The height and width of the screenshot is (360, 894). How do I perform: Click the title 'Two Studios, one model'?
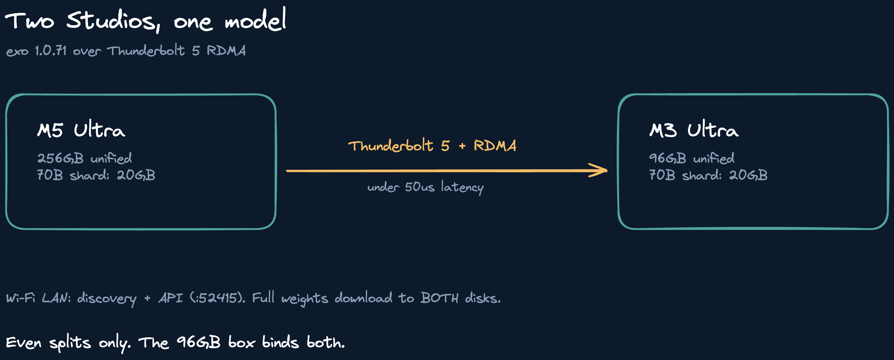click(x=146, y=20)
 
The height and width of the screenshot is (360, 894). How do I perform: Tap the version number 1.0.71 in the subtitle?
click(x=50, y=51)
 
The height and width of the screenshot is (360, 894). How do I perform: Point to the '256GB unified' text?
click(x=84, y=158)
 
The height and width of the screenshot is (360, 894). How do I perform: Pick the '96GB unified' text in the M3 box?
click(x=692, y=158)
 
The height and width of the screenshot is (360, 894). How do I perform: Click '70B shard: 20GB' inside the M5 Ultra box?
click(x=96, y=175)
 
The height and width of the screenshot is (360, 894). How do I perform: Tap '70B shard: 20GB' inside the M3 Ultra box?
click(x=708, y=175)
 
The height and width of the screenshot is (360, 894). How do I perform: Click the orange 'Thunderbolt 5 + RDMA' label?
click(x=432, y=146)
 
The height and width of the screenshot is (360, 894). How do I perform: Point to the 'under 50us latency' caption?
click(x=426, y=187)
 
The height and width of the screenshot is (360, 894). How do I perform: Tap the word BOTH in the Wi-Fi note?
click(x=439, y=298)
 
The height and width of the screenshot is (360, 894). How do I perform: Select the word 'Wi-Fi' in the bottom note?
click(x=21, y=298)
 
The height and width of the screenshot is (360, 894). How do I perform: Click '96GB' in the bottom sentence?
click(x=198, y=343)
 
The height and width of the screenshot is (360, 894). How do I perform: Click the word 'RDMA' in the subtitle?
click(x=226, y=51)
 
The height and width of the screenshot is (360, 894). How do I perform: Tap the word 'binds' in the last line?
click(x=280, y=342)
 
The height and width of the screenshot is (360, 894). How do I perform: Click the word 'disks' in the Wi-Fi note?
click(x=483, y=298)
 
